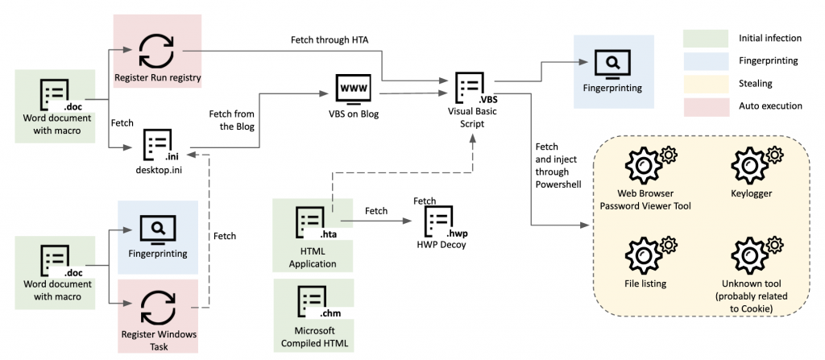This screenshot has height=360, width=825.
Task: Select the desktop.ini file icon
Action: tap(157, 144)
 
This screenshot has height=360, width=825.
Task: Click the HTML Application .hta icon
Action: tap(312, 221)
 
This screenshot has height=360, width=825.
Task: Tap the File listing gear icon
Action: tap(645, 251)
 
